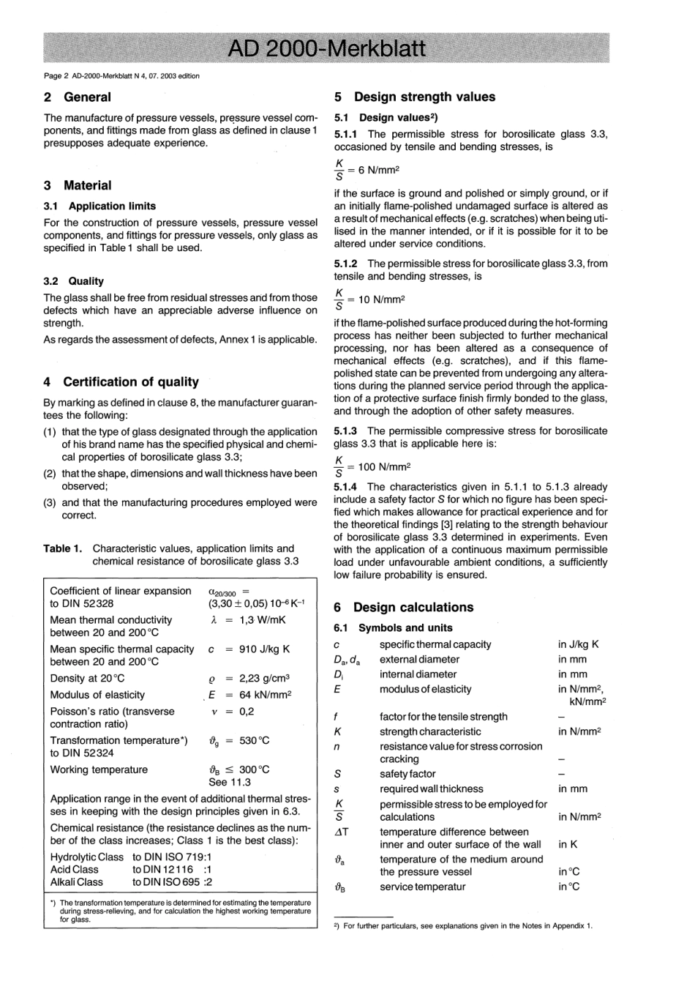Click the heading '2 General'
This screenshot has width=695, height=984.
[x=78, y=97]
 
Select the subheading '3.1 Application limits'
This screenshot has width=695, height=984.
[x=100, y=206]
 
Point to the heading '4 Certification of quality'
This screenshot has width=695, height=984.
[x=121, y=381]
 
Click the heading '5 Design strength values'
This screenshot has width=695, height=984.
[x=415, y=97]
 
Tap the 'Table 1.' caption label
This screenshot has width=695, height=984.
[x=63, y=548]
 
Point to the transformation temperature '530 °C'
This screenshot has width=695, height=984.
[x=254, y=740]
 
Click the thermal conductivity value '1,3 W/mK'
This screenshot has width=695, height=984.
[x=263, y=619]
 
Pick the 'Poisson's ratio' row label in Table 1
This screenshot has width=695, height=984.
[x=112, y=711]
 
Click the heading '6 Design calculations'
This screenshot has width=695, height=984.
[x=404, y=607]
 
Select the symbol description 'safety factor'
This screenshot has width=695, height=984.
[x=407, y=774]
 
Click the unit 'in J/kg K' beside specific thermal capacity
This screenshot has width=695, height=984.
[x=579, y=644]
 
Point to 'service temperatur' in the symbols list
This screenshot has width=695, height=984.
[x=423, y=887]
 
